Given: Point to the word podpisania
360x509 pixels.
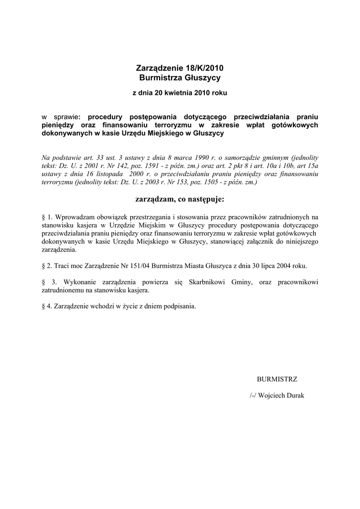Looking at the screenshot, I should point(180,306).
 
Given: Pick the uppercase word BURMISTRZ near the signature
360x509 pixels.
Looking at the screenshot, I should point(277,379).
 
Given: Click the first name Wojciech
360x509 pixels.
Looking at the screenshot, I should point(273,396).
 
